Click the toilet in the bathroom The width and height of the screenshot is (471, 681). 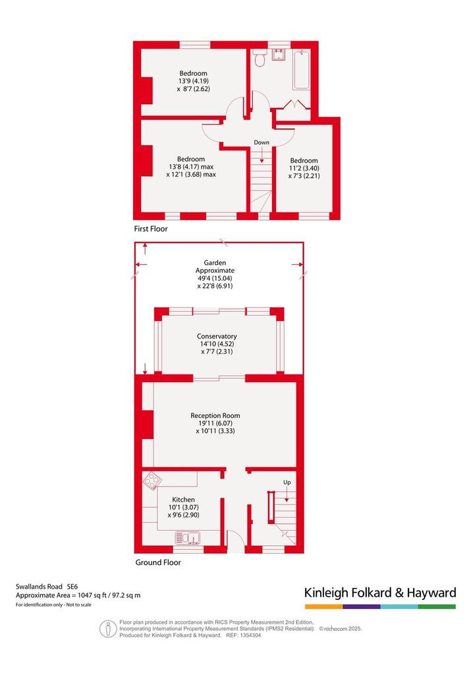click(259, 58)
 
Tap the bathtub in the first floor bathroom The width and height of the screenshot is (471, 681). click(302, 70)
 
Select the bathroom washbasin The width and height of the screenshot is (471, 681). click(278, 55)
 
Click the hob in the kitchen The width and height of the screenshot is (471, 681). click(153, 481)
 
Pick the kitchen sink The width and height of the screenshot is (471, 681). click(187, 538)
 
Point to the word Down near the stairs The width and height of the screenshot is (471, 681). click(262, 142)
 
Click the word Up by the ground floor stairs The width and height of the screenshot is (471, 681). click(287, 483)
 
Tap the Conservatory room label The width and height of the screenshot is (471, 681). click(217, 336)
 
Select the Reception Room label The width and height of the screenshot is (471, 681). click(215, 415)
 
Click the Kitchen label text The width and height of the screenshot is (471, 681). click(183, 500)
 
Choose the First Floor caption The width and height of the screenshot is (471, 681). click(151, 229)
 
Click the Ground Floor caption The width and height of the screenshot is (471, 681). click(158, 562)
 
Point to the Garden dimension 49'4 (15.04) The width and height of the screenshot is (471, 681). click(215, 278)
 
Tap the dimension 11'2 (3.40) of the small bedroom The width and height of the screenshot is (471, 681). click(304, 169)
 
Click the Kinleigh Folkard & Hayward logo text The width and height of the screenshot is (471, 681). click(380, 593)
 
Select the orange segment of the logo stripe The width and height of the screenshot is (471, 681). click(323, 607)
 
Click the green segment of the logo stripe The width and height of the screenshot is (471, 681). click(437, 607)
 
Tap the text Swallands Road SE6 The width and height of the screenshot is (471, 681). click(47, 587)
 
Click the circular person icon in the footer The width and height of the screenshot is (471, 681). click(107, 629)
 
